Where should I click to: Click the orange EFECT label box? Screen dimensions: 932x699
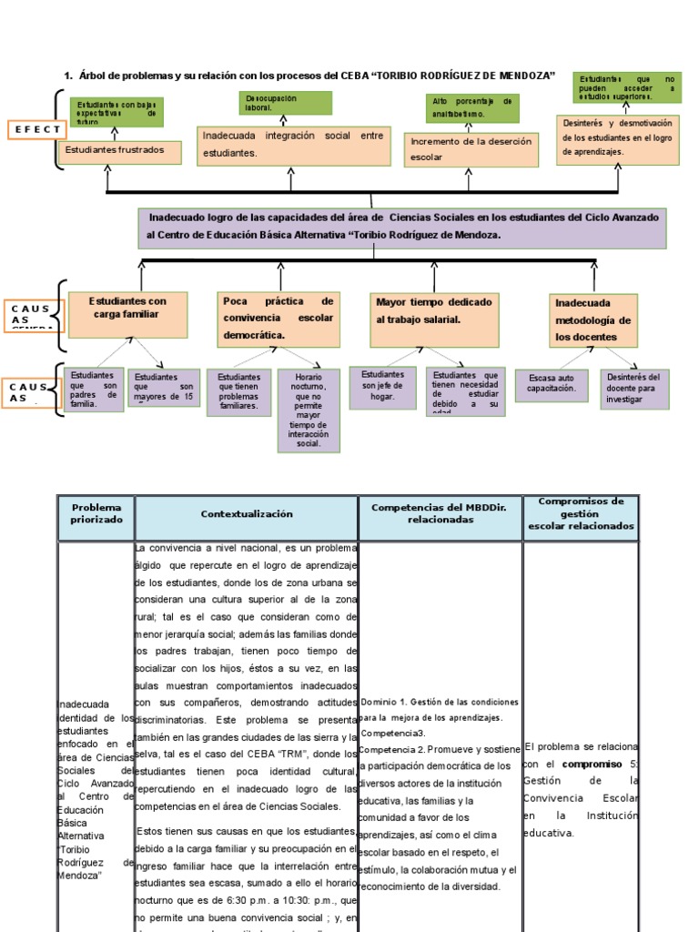point(35,130)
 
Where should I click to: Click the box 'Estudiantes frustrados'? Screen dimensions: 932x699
point(119,152)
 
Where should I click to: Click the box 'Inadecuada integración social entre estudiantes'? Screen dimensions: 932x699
point(292,146)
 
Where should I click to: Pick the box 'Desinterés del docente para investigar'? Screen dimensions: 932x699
point(635,389)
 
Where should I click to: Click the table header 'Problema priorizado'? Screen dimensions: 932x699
point(96,514)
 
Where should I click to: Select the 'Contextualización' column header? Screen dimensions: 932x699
point(247,514)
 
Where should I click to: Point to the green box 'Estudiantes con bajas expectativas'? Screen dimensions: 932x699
point(116,112)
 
